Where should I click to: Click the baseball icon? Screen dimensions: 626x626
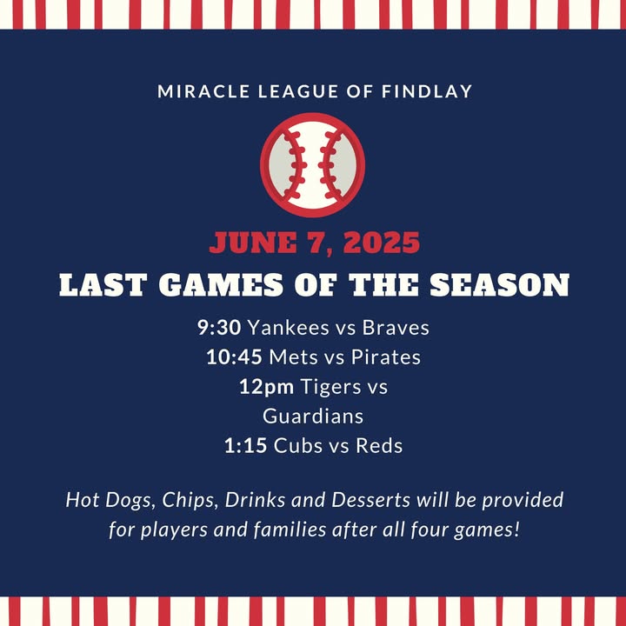click(x=313, y=165)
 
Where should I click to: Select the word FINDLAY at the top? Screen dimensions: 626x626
click(x=427, y=91)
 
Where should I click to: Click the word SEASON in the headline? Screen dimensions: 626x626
click(x=499, y=284)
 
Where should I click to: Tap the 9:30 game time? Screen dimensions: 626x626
click(x=219, y=328)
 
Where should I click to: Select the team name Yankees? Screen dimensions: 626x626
click(x=289, y=328)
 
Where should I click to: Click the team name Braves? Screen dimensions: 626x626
click(x=396, y=328)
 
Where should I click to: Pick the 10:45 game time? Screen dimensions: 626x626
click(x=235, y=357)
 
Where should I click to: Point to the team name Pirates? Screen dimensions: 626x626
click(x=386, y=357)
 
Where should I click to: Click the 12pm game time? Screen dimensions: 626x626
click(x=267, y=387)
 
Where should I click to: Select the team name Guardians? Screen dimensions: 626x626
click(x=313, y=416)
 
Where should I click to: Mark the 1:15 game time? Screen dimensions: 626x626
click(x=245, y=445)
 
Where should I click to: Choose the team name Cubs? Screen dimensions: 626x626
click(x=298, y=445)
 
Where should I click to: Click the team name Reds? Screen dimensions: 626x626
click(x=379, y=445)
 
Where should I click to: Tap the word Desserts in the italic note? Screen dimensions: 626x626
click(x=370, y=500)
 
